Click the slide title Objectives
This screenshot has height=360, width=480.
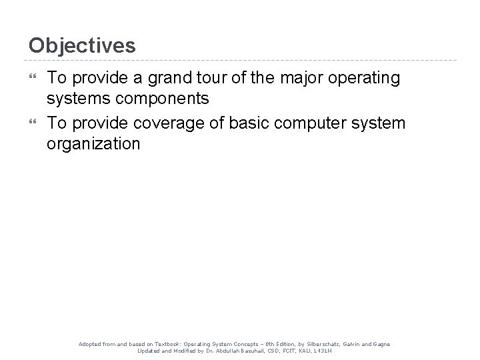tap(82, 45)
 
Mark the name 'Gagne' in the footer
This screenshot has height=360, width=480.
tap(382, 344)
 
